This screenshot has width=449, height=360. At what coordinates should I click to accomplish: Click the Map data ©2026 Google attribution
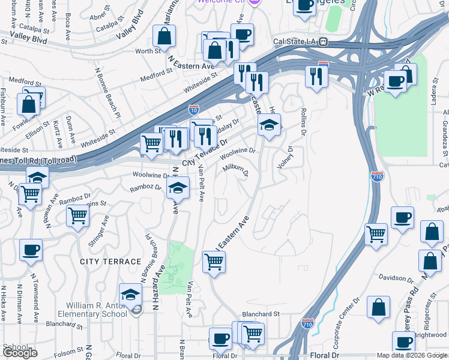412,355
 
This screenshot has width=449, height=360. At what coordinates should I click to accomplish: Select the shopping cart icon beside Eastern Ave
214,262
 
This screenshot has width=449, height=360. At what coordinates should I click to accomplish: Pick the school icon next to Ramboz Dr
178,188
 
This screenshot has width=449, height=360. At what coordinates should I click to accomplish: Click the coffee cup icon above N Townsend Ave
31,250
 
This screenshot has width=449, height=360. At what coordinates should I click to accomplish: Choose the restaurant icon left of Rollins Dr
316,76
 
